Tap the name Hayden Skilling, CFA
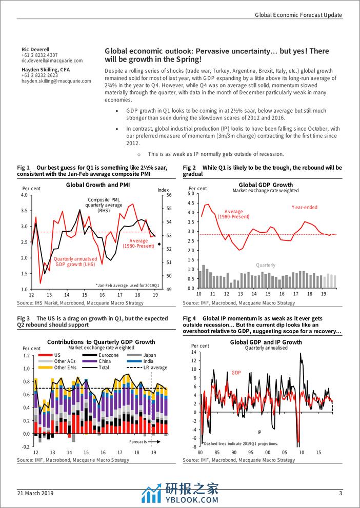click(x=46, y=69)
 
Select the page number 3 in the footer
click(x=340, y=494)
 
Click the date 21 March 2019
click(x=35, y=494)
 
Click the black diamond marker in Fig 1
click(x=159, y=244)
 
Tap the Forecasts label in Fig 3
click(x=137, y=441)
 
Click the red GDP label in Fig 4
click(x=236, y=373)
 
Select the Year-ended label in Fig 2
click(x=305, y=208)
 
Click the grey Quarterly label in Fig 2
click(x=266, y=265)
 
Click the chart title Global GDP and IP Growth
click(x=266, y=342)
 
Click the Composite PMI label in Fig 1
click(x=103, y=199)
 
